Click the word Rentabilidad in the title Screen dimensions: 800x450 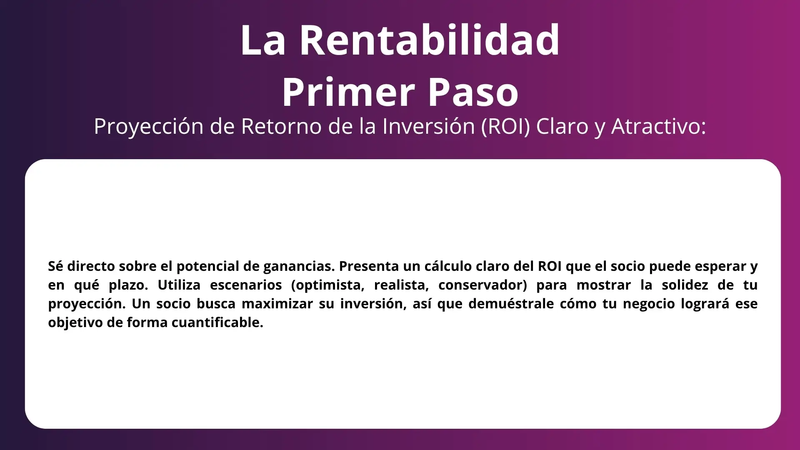pyautogui.click(x=430, y=40)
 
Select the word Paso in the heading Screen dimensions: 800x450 pyautogui.click(x=473, y=92)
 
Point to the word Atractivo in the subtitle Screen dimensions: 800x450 pyautogui.click(x=659, y=126)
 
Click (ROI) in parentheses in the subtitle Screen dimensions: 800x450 pyautogui.click(x=506, y=126)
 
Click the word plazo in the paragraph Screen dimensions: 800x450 pyautogui.click(x=128, y=285)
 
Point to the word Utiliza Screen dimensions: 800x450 pyautogui.click(x=179, y=285)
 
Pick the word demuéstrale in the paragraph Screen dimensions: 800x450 pyautogui.click(x=511, y=304)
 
